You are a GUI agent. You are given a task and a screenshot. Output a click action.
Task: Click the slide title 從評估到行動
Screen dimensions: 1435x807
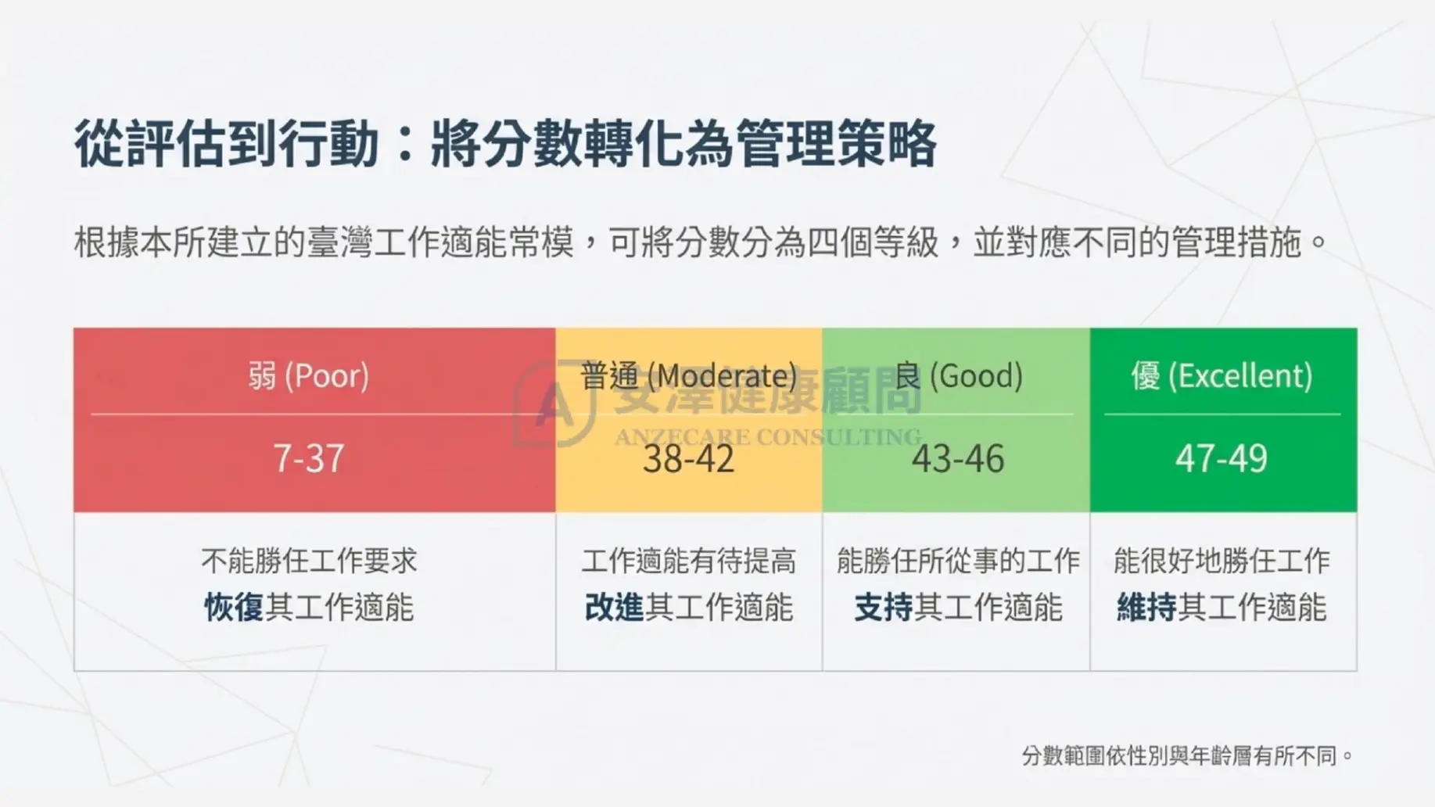click(227, 144)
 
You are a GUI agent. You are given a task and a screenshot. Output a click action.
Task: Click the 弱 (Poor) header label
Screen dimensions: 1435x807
click(309, 376)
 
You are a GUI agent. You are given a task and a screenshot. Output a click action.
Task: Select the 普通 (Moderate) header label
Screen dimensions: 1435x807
click(688, 376)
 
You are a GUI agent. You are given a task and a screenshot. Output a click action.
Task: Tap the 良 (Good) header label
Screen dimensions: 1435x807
click(958, 376)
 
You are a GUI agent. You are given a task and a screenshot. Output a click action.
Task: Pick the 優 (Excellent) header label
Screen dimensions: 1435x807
click(1222, 376)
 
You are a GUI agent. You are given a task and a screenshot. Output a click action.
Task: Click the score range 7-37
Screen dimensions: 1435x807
click(309, 458)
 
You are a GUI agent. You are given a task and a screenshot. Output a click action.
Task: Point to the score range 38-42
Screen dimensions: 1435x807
click(688, 458)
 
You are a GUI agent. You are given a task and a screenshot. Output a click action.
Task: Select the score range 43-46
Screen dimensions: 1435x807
click(958, 458)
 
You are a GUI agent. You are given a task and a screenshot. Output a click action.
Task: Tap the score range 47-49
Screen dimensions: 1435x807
click(1222, 458)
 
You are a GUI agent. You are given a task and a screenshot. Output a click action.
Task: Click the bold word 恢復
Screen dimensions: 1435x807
click(234, 608)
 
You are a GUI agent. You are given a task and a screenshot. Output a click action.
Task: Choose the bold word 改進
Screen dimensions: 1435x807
click(614, 608)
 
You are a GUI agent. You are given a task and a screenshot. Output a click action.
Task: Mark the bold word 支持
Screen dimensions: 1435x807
click(884, 608)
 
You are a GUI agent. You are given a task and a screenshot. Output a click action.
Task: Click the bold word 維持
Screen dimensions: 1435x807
click(1146, 608)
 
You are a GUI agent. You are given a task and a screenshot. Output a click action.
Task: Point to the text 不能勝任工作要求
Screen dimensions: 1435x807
click(309, 561)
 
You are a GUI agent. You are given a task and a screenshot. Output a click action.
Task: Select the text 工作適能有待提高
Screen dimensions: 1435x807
click(688, 561)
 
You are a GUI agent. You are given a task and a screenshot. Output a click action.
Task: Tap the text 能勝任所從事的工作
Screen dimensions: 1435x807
click(958, 561)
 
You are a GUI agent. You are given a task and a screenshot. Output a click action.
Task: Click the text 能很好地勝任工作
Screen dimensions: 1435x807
click(1222, 561)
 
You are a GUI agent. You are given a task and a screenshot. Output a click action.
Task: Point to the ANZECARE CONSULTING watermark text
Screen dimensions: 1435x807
click(767, 437)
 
